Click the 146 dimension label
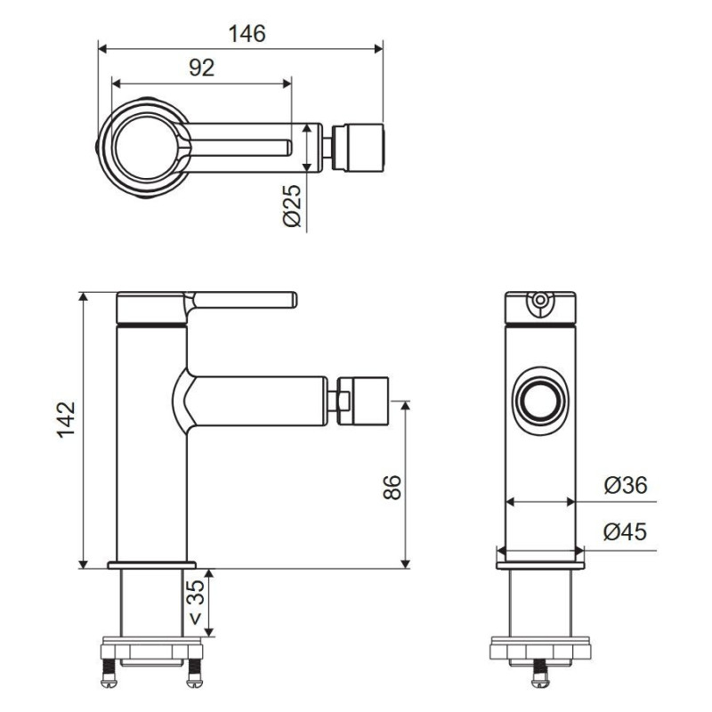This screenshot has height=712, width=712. coord(247,34)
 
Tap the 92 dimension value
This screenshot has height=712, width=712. coord(202,69)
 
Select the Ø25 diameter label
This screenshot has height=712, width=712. coord(292,206)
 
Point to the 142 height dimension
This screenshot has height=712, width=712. coord(66,419)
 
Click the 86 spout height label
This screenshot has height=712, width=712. coord(392,487)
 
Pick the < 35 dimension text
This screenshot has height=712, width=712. coord(196,603)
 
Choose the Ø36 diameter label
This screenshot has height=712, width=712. coord(626,485)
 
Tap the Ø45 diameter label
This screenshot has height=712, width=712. coord(626,531)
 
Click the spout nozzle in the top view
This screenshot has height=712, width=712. coord(360,148)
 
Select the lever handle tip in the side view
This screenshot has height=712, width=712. coord(294,300)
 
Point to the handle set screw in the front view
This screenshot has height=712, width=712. coord(540,301)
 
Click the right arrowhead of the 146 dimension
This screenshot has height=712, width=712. coord(379,49)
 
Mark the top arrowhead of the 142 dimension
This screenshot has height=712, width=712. coord(83,296)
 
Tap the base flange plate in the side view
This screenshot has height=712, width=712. coord(152,565)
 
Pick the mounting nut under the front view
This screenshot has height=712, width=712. coord(540,652)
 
